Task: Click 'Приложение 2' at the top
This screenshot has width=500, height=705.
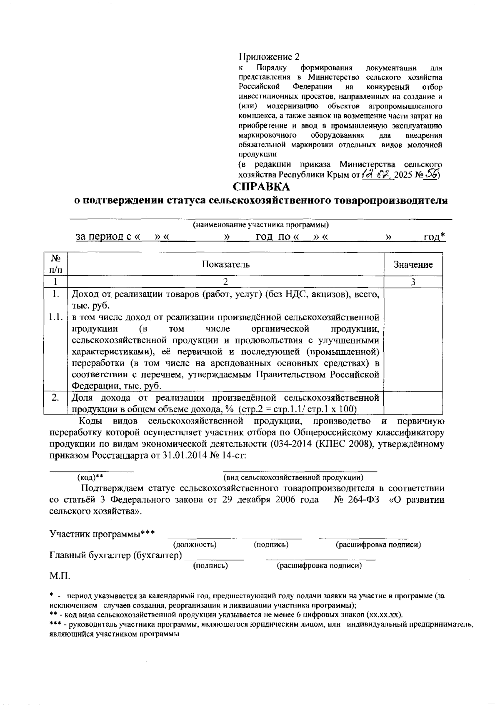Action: (269, 57)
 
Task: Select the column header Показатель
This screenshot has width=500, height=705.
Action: (225, 264)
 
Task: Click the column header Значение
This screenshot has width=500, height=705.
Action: (413, 264)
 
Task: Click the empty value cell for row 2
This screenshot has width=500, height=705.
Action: (413, 402)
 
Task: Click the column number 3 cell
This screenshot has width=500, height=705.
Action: (413, 282)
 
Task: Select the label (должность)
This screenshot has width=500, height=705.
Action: (194, 544)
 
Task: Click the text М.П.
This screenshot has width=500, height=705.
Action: (60, 577)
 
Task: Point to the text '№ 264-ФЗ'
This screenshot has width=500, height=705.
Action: (356, 500)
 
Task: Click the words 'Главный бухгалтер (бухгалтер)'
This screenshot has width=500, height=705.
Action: (116, 556)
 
